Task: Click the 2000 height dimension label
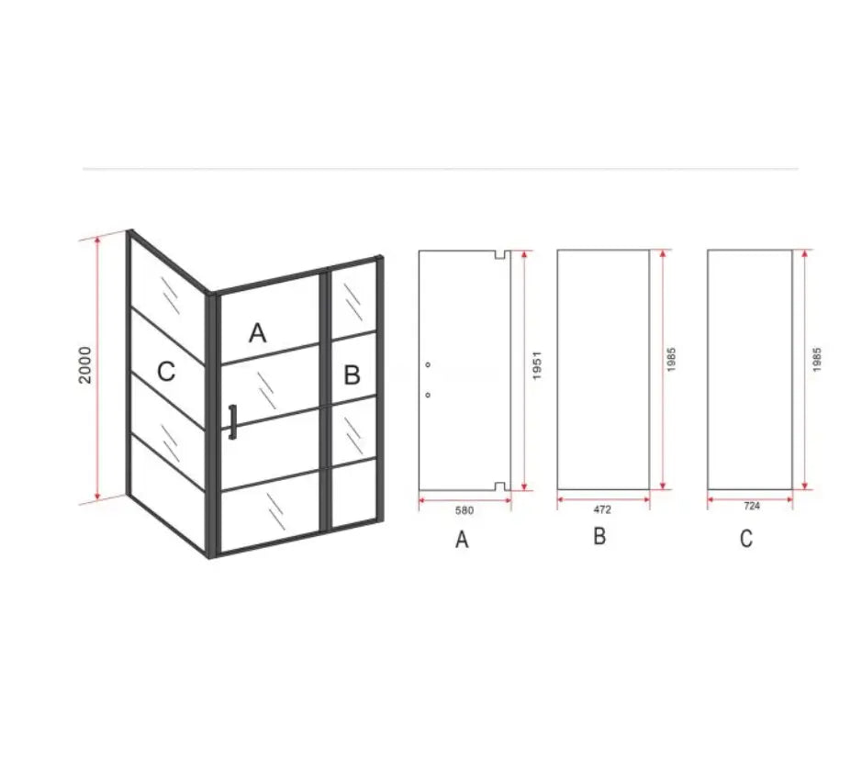(x=86, y=364)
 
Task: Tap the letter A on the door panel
(x=258, y=331)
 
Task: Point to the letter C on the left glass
(x=166, y=372)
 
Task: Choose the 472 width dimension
(x=602, y=508)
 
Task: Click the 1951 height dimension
(x=536, y=370)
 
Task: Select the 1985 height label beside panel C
(x=816, y=359)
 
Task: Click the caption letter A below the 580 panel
(x=462, y=540)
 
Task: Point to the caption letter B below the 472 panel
(x=599, y=536)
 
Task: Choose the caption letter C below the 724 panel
(x=746, y=539)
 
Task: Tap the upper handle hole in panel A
(x=429, y=365)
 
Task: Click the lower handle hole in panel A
(x=429, y=395)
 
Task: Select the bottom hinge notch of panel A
(x=499, y=486)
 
